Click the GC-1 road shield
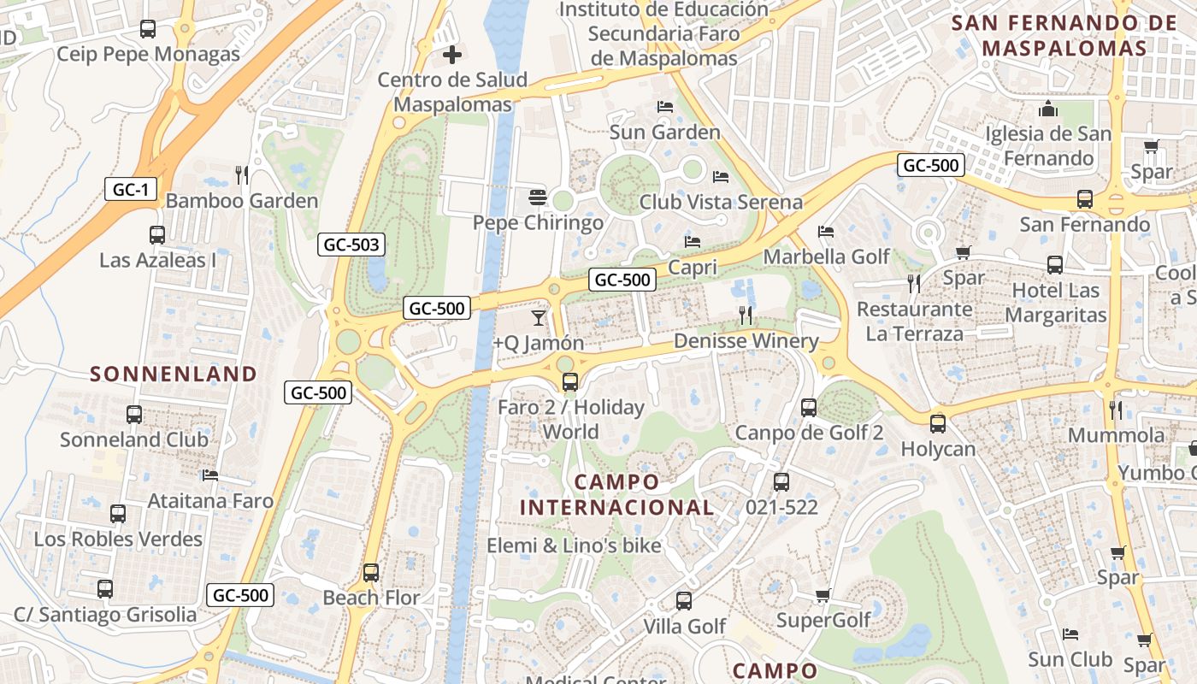pos(131,190)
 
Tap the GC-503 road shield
pos(351,245)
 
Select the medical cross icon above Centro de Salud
pos(452,56)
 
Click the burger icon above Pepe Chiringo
pos(537,198)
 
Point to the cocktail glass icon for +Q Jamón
pos(538,318)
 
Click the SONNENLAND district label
pos(174,374)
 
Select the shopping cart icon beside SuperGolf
pos(823,595)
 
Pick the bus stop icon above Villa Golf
pos(684,601)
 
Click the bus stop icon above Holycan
pos(938,423)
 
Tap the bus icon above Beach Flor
pos(371,573)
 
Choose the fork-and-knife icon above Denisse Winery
pos(746,315)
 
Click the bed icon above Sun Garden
pos(665,107)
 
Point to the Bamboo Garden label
pos(242,201)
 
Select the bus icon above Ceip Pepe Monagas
pos(148,29)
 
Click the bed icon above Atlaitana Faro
pos(210,475)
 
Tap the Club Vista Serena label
pos(721,202)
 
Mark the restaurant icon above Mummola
pos(1116,410)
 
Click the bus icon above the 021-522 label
pos(781,482)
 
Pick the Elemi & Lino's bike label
pos(574,545)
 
